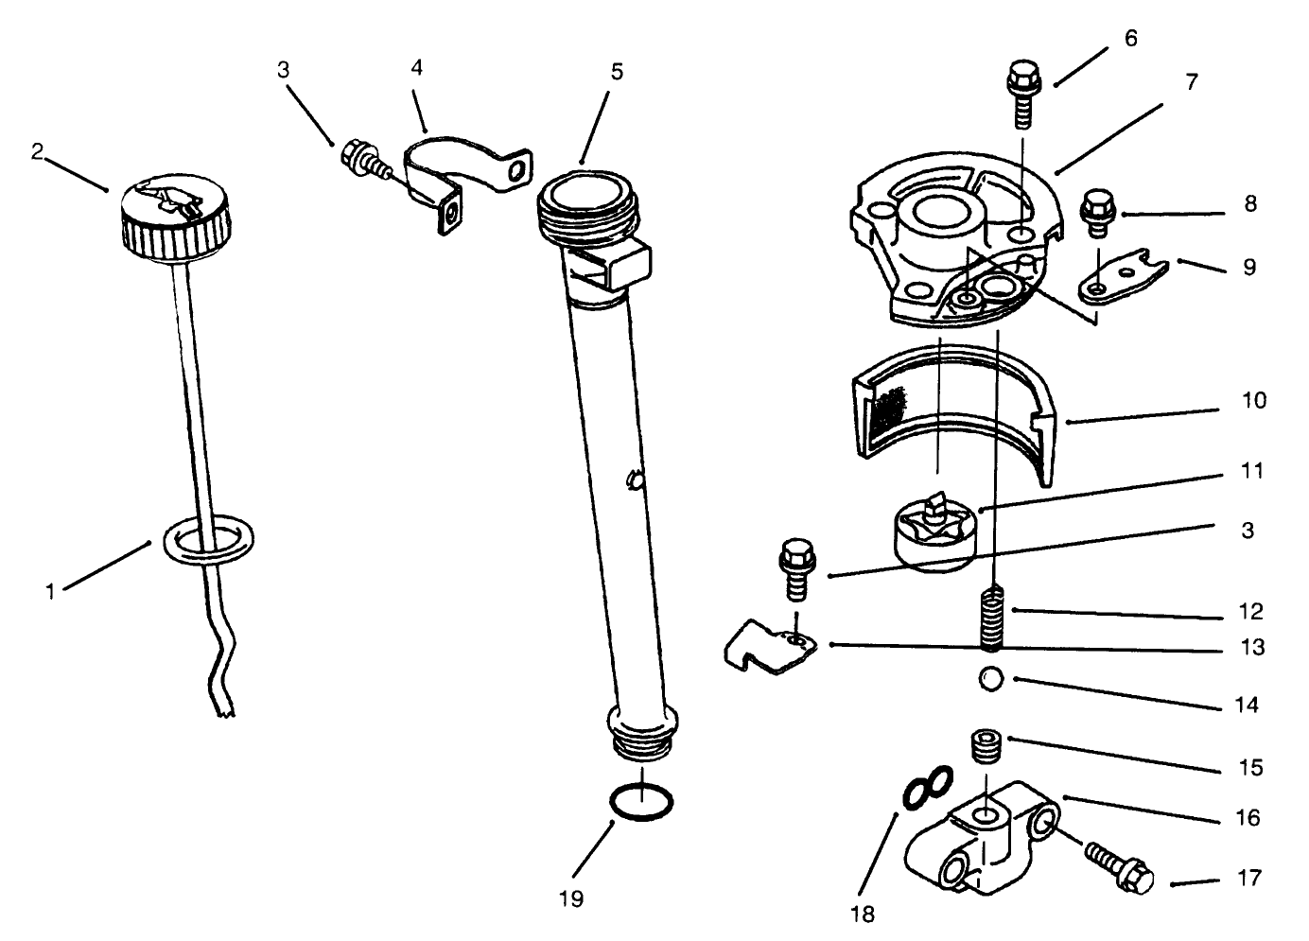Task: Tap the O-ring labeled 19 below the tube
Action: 642,804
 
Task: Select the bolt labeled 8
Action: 1097,214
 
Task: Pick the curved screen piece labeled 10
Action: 955,407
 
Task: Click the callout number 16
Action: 1248,818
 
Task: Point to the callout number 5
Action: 617,72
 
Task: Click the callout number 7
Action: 1192,83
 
